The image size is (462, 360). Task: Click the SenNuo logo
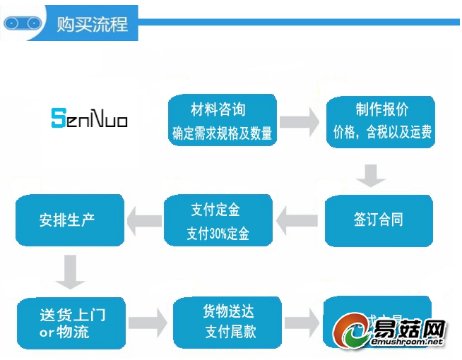click(x=89, y=117)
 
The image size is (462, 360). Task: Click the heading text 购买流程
click(x=93, y=23)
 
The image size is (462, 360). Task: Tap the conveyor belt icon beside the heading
click(x=22, y=23)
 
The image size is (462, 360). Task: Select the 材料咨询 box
click(x=222, y=121)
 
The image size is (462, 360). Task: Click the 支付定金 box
click(x=218, y=220)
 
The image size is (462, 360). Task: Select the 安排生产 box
click(x=69, y=220)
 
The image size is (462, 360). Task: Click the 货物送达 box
click(x=228, y=321)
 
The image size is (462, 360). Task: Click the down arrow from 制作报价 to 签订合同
click(x=370, y=174)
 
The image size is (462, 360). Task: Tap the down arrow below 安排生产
click(x=71, y=272)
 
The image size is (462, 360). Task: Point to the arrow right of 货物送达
click(x=301, y=323)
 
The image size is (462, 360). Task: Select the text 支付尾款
click(x=230, y=332)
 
